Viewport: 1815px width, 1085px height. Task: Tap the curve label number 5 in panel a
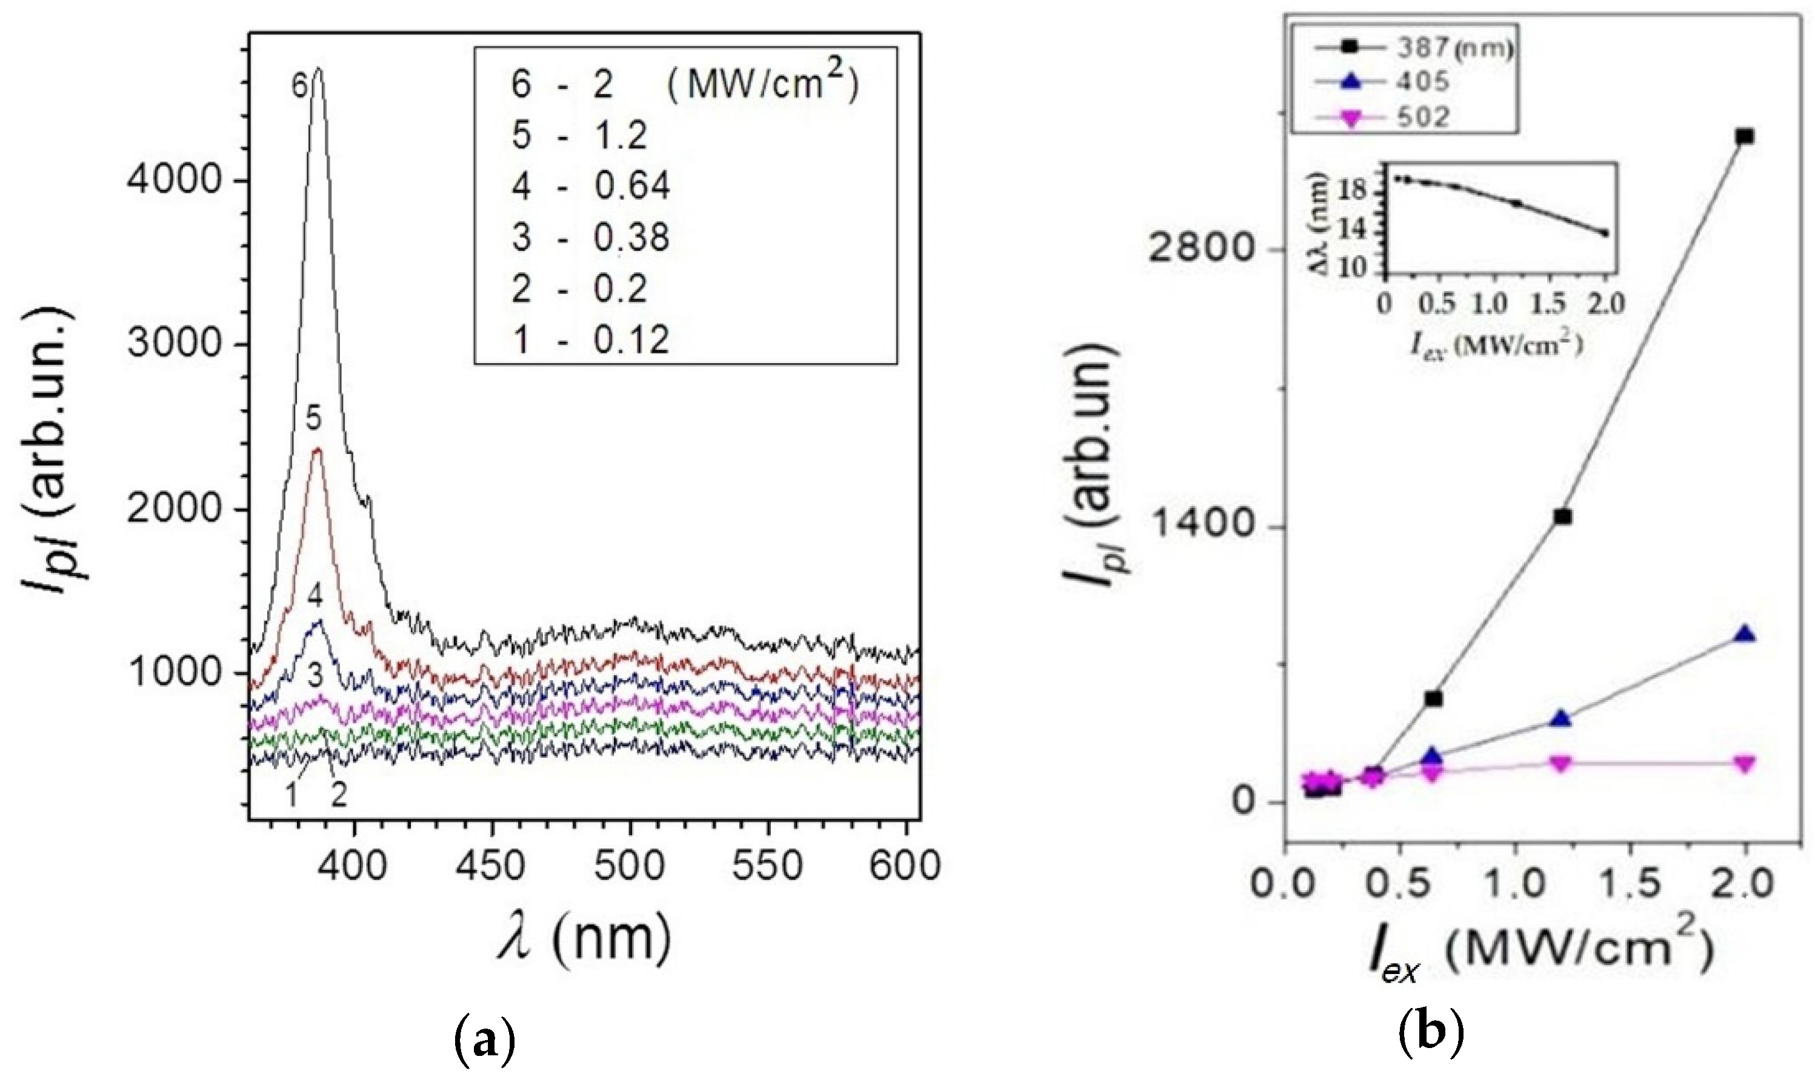(x=313, y=419)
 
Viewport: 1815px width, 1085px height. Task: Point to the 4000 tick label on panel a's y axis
(x=175, y=181)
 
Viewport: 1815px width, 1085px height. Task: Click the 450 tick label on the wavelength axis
(x=492, y=866)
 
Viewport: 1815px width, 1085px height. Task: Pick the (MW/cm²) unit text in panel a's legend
(x=763, y=84)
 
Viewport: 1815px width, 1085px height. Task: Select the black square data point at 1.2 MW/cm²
(x=1562, y=517)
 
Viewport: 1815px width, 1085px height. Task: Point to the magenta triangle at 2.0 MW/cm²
(x=1745, y=764)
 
